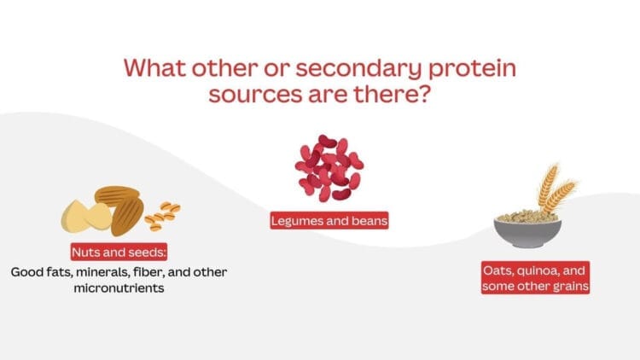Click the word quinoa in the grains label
point(535,270)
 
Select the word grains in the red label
point(567,287)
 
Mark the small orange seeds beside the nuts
point(162,218)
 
